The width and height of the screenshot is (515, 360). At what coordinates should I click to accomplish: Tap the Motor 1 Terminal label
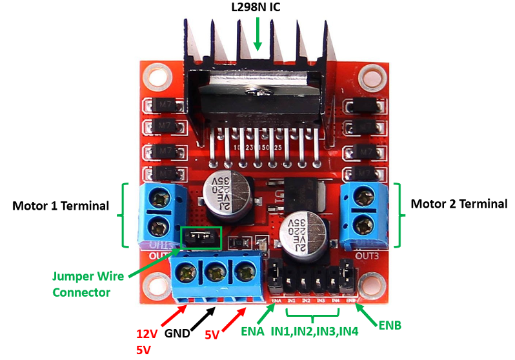[61, 206]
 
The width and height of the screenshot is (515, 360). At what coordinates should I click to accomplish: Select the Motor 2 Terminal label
[459, 204]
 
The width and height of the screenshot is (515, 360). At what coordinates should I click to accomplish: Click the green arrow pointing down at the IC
[257, 32]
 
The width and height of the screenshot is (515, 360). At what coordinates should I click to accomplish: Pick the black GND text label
[177, 334]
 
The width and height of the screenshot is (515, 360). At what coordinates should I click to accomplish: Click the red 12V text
[147, 334]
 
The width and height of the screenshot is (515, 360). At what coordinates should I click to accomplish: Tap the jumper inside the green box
[201, 239]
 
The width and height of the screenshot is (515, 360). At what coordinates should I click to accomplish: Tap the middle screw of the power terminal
[216, 272]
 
